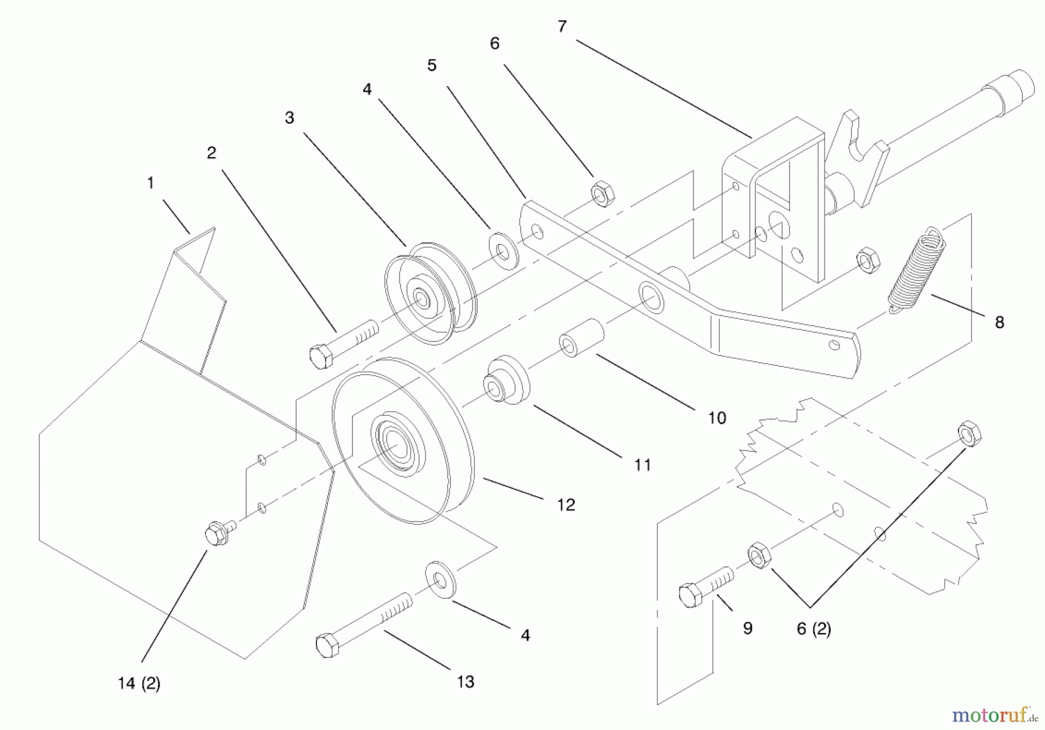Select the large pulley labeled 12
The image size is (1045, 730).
pos(403,441)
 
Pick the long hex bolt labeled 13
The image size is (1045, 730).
pos(363,624)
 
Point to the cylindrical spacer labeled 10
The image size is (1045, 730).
pos(581,338)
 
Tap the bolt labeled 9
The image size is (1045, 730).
pos(704,587)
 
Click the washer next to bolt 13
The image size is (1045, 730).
pos(441,579)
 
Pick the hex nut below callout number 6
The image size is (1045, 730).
pos(603,193)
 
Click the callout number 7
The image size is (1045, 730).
pos(561,27)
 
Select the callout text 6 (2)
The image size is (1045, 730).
pos(813,628)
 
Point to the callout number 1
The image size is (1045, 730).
pos(150,183)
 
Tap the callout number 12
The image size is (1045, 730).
pos(565,505)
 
